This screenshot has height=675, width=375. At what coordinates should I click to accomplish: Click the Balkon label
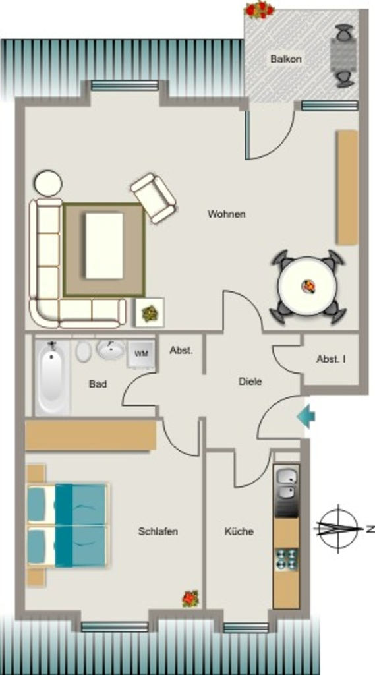click(x=286, y=59)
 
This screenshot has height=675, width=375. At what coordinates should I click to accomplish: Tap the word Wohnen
click(x=227, y=214)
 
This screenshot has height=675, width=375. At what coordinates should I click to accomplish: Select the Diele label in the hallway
click(x=250, y=382)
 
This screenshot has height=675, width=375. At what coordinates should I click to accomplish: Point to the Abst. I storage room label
click(x=331, y=359)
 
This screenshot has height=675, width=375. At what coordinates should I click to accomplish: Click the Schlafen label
click(x=158, y=531)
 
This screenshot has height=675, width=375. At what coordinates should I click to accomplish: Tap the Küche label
click(x=239, y=531)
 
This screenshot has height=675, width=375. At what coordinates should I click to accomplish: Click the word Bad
click(x=98, y=384)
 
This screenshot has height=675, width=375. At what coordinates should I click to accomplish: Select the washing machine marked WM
click(x=140, y=354)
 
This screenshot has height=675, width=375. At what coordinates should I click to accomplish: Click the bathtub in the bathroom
click(x=52, y=378)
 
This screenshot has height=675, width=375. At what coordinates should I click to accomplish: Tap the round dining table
click(x=307, y=286)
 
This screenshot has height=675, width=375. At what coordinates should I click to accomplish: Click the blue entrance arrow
click(x=306, y=417)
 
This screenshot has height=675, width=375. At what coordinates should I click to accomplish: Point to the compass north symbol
click(x=338, y=528)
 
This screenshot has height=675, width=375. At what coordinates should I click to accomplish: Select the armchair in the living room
click(x=154, y=198)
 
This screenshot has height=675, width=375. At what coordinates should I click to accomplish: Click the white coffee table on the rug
click(x=104, y=246)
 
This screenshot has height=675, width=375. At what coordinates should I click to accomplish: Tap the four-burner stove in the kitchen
click(x=286, y=559)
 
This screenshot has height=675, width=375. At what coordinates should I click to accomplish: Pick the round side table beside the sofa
click(x=48, y=183)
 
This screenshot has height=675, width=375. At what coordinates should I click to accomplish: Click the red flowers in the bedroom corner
click(x=190, y=599)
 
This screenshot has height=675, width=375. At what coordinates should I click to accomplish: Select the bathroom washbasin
click(x=111, y=349)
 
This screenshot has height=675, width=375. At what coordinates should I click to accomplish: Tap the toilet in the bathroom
click(x=83, y=351)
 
